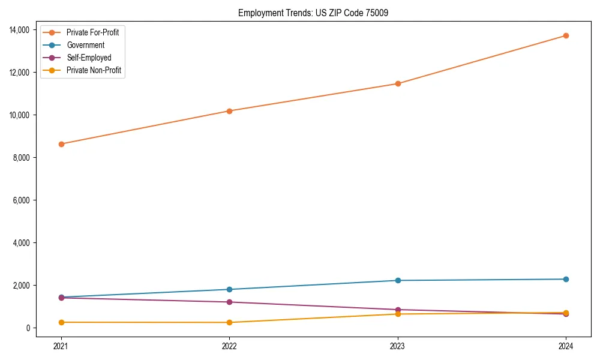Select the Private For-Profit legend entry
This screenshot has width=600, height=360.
[x=92, y=32]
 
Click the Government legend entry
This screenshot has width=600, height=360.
[x=85, y=45]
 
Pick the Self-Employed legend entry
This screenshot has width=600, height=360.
[x=89, y=58]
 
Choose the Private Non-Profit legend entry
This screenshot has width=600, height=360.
[x=94, y=70]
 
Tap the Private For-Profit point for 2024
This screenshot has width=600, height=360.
[x=566, y=35]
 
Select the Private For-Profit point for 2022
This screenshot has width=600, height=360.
[x=229, y=111]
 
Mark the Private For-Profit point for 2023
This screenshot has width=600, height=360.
[x=398, y=83]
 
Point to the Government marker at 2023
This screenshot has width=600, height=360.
[x=398, y=280]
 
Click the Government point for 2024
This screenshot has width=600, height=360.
[x=566, y=279]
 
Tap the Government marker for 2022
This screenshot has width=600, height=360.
[x=229, y=289]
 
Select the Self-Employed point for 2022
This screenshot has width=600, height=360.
[x=229, y=302]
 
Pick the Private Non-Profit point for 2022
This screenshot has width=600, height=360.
[x=229, y=322]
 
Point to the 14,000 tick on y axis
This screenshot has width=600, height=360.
[x=21, y=29]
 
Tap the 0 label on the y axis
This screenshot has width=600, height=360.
[x=28, y=328]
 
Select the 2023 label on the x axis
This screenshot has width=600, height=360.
[x=398, y=346]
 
